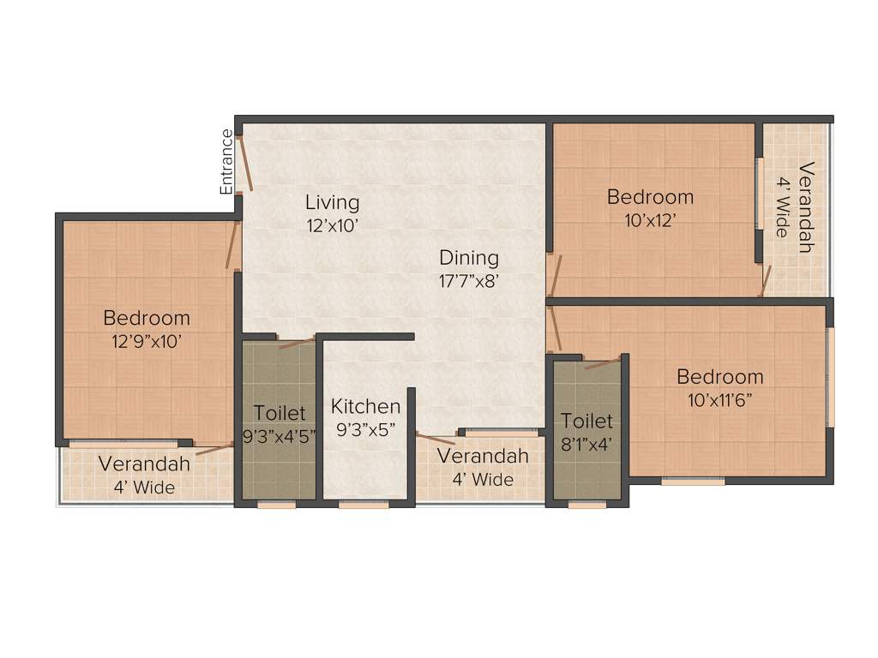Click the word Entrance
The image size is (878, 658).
point(226,161)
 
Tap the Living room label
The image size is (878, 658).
point(332,203)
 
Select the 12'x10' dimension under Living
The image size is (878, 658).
point(332,226)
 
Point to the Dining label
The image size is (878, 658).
point(469,258)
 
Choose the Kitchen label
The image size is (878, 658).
point(366,406)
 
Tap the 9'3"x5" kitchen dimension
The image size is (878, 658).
point(366,432)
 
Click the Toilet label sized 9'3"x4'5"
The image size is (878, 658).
point(280,414)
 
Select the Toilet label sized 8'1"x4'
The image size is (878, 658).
point(587,421)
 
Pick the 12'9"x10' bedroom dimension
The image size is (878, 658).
point(147,341)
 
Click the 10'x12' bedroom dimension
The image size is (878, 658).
point(650,219)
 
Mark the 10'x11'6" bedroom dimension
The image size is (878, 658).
point(719,399)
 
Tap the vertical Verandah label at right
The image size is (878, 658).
point(804,206)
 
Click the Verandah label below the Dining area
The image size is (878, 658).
point(483,457)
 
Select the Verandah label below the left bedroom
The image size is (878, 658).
point(143,464)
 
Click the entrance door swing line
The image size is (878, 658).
point(245,163)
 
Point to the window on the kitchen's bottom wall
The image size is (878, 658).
point(364,505)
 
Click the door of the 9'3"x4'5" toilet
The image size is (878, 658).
point(297,344)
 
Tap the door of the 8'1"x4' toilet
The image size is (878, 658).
point(603,364)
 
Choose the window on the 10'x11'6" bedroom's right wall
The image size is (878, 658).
point(829,376)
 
